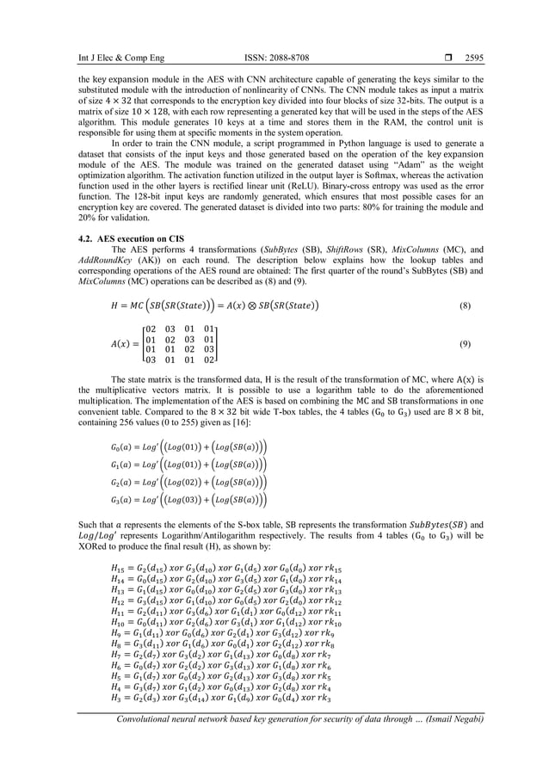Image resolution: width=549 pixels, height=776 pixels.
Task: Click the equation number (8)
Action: coord(465,305)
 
